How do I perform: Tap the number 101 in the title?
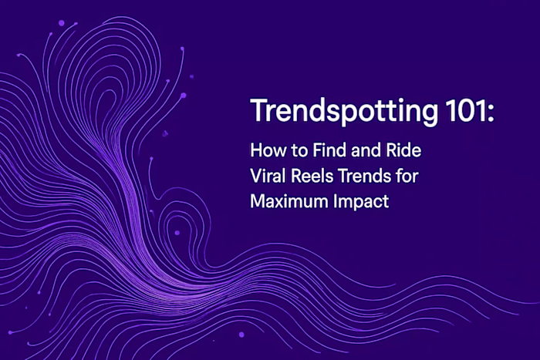click(464, 113)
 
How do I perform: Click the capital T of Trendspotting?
click(258, 113)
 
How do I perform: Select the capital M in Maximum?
click(257, 202)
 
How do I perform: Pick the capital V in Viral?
click(255, 176)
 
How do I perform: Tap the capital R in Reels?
click(299, 176)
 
